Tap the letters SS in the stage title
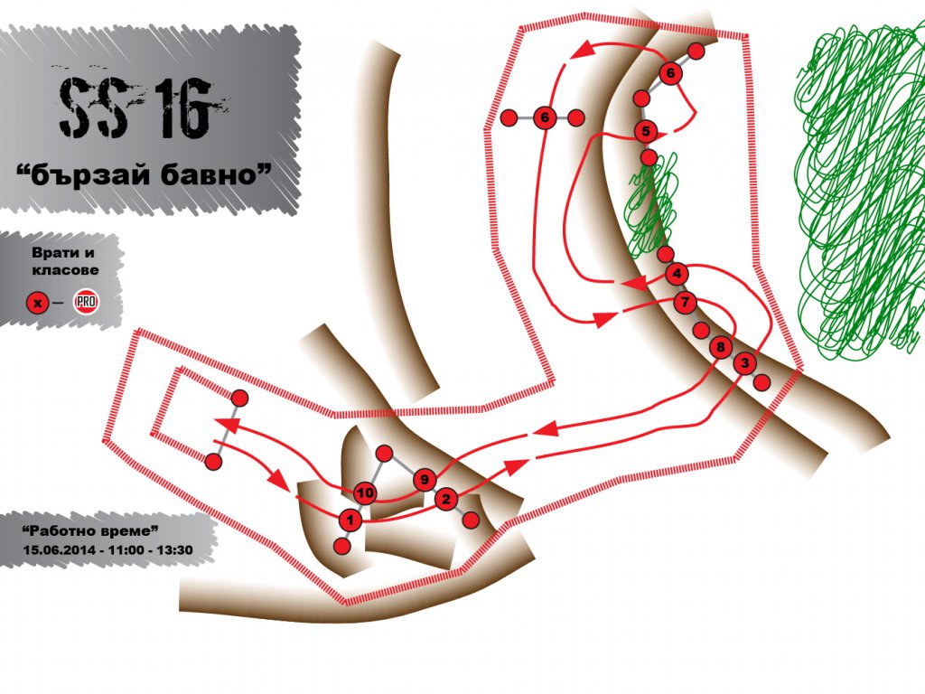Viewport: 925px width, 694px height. [x=93, y=108]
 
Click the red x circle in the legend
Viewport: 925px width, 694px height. [x=38, y=303]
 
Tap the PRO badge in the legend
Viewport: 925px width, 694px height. [x=86, y=302]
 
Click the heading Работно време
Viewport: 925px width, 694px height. [x=90, y=530]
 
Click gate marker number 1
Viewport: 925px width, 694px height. [x=350, y=520]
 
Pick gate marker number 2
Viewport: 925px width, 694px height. [x=446, y=500]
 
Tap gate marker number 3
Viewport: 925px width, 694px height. [x=744, y=363]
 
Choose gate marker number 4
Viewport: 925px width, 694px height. [x=677, y=274]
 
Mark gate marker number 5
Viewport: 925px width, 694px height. [x=646, y=131]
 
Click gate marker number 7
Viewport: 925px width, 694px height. [x=685, y=303]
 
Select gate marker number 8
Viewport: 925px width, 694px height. [x=720, y=347]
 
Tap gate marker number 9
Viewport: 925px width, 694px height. [x=425, y=481]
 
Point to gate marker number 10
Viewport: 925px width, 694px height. [x=365, y=492]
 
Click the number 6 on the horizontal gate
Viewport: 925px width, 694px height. [x=545, y=117]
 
